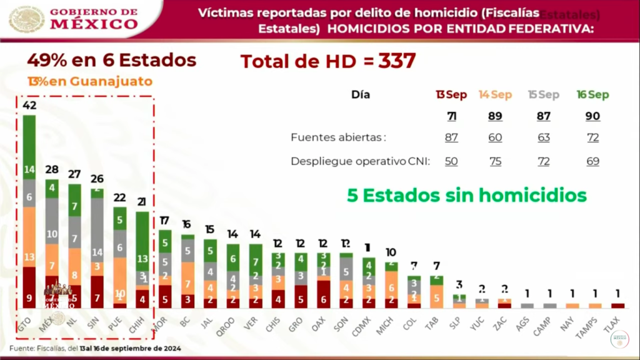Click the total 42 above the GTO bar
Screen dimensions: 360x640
pos(29,105)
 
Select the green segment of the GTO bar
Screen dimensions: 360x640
pos(29,147)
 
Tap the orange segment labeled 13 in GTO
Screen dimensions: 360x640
pos(29,237)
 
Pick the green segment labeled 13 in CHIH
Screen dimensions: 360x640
pos(142,241)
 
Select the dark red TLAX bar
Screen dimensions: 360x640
pos(617,306)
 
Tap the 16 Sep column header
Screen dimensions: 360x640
pos(592,95)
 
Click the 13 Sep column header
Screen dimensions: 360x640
pos(451,95)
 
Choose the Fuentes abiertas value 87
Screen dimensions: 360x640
pos(451,137)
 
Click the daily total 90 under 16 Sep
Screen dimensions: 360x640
pos(592,116)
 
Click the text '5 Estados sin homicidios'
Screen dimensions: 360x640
pos(466,196)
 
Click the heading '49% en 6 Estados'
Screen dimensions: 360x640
pos(111,61)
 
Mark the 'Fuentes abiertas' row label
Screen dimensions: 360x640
pos(337,137)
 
